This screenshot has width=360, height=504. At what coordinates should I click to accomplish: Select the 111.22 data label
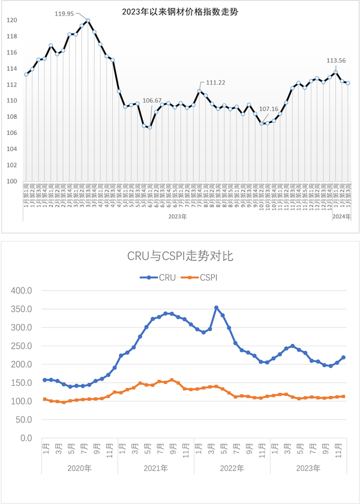pyautogui.click(x=216, y=83)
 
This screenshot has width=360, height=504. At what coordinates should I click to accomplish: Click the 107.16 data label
pyautogui.click(x=268, y=109)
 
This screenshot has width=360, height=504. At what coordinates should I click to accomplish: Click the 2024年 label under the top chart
pyautogui.click(x=341, y=216)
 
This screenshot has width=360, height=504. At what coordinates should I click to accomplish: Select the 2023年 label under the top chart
pyautogui.click(x=178, y=216)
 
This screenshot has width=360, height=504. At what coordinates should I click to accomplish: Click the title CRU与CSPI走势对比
pyautogui.click(x=180, y=257)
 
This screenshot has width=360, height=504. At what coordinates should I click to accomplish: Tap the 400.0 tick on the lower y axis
pyautogui.click(x=21, y=291)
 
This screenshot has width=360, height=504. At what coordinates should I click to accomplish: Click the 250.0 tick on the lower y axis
pyautogui.click(x=21, y=346)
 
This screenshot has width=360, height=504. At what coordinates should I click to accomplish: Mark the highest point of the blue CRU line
pyautogui.click(x=216, y=308)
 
